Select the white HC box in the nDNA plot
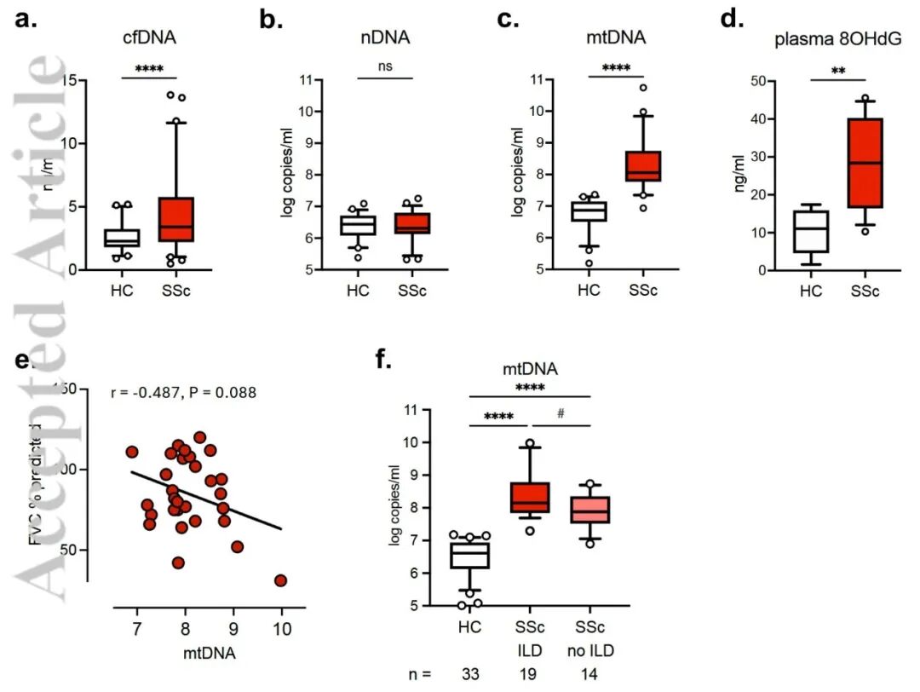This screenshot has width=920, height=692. pyautogui.click(x=358, y=225)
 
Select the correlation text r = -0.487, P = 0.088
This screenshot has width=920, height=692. pyautogui.click(x=184, y=392)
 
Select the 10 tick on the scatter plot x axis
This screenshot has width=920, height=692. pyautogui.click(x=281, y=629)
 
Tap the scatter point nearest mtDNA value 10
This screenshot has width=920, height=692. pyautogui.click(x=280, y=580)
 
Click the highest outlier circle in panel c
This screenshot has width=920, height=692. pyautogui.click(x=643, y=88)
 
